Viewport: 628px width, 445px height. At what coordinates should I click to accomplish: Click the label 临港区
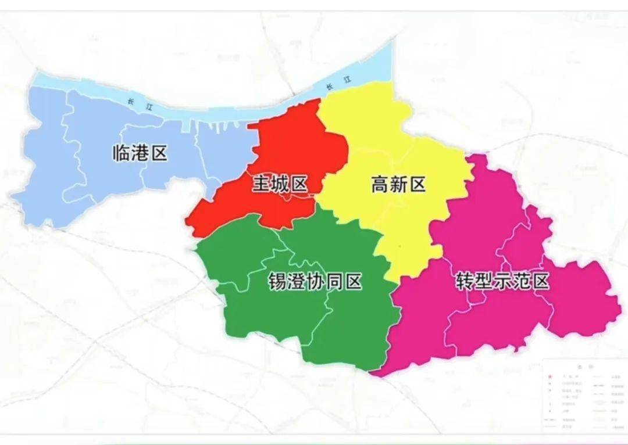tap(140, 153)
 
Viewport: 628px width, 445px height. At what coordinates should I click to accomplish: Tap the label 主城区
tap(280, 185)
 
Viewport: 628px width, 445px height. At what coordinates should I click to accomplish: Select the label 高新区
tap(398, 185)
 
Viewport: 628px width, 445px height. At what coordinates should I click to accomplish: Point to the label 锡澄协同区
tap(315, 282)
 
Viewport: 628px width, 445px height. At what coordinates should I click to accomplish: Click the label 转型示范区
tap(502, 282)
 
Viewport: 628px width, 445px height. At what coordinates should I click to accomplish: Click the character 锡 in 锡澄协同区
tap(277, 282)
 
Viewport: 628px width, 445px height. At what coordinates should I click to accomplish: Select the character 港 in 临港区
tap(140, 153)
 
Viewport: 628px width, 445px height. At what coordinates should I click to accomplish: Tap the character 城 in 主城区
tap(280, 185)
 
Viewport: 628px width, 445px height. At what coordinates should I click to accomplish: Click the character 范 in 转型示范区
tap(521, 282)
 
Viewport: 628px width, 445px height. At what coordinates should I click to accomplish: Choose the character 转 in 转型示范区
tap(465, 282)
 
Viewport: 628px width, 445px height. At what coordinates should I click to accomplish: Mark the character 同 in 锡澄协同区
tap(334, 282)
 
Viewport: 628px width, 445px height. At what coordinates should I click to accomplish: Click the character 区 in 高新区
tap(417, 185)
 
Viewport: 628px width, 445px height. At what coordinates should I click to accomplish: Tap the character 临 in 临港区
tap(121, 153)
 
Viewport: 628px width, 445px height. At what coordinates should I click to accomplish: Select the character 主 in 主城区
tap(261, 185)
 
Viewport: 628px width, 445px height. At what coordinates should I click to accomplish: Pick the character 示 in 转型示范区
tap(502, 282)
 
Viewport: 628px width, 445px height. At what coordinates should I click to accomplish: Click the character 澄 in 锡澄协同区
tap(296, 282)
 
